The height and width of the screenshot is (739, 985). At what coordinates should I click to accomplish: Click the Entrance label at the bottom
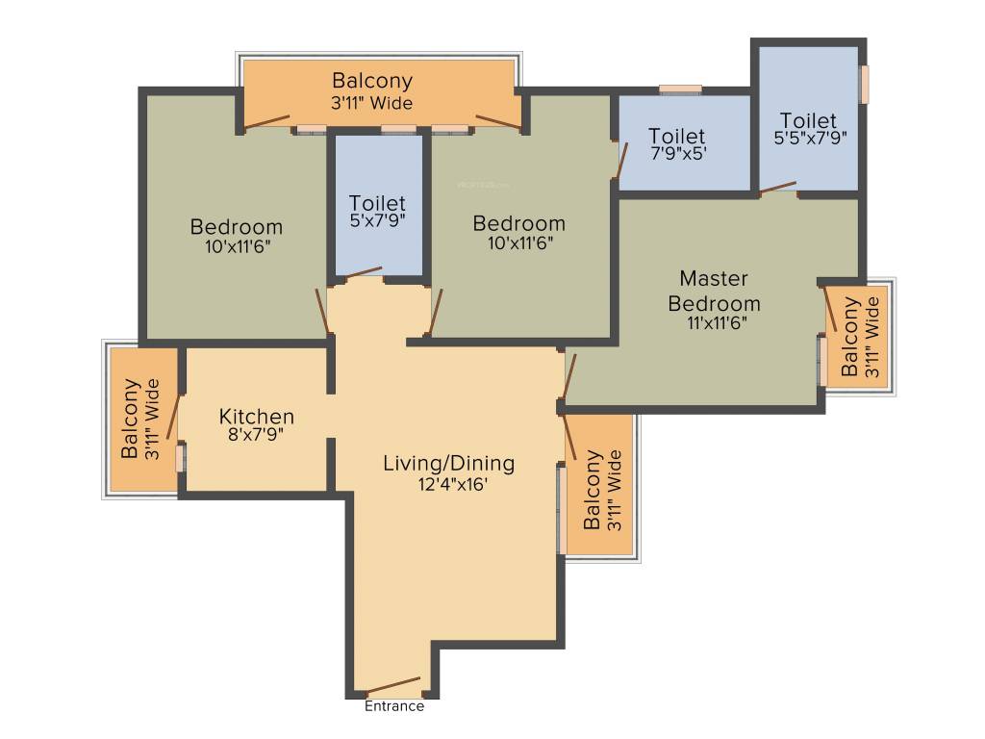[x=393, y=706]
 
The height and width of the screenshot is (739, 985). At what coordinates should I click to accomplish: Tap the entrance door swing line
[x=392, y=685]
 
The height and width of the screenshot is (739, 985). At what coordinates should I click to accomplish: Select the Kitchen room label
[x=256, y=417]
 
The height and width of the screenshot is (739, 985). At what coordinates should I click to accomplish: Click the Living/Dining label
[x=448, y=463]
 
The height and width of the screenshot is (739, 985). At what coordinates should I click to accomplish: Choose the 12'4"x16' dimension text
[x=448, y=485]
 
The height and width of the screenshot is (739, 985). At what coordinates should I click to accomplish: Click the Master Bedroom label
[x=714, y=291]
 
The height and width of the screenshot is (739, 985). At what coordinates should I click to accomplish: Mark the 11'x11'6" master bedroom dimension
[x=714, y=322]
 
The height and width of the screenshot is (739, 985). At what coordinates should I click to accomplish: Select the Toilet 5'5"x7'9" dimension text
[x=808, y=138]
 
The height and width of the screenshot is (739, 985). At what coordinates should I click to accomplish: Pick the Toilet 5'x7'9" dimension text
[x=377, y=220]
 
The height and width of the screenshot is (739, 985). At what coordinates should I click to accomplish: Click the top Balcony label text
[x=372, y=81]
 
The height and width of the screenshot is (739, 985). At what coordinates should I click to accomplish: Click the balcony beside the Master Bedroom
[x=858, y=337]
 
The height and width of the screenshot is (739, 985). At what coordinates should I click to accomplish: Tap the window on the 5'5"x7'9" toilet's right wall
[x=864, y=84]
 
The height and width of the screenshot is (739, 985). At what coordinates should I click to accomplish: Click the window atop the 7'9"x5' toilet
[x=681, y=90]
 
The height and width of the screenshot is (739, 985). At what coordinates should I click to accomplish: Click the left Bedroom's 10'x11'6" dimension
[x=237, y=245]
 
